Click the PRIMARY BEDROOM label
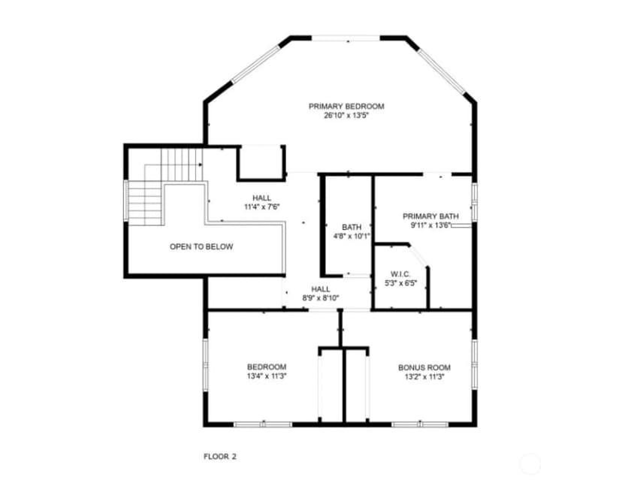(346, 107)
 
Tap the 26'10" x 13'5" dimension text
(347, 116)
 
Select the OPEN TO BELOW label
(201, 246)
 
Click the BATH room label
(352, 228)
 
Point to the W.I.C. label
(400, 274)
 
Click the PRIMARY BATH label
(430, 216)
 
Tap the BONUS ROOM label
(424, 368)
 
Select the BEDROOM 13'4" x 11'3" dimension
(267, 376)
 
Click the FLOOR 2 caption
(220, 457)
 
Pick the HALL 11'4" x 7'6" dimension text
(262, 207)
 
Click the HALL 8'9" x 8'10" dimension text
(321, 298)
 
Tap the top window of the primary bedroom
(346, 38)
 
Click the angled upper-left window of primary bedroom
(256, 65)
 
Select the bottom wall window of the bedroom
(263, 424)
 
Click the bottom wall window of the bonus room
(420, 424)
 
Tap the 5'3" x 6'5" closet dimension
(400, 283)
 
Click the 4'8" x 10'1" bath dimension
(352, 237)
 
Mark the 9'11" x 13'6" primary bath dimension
(430, 225)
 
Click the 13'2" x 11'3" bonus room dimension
(424, 377)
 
